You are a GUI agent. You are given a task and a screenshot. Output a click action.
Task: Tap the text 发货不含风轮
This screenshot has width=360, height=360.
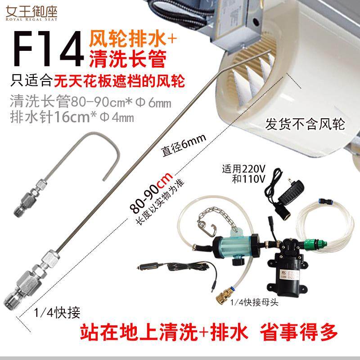coord(305,124)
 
